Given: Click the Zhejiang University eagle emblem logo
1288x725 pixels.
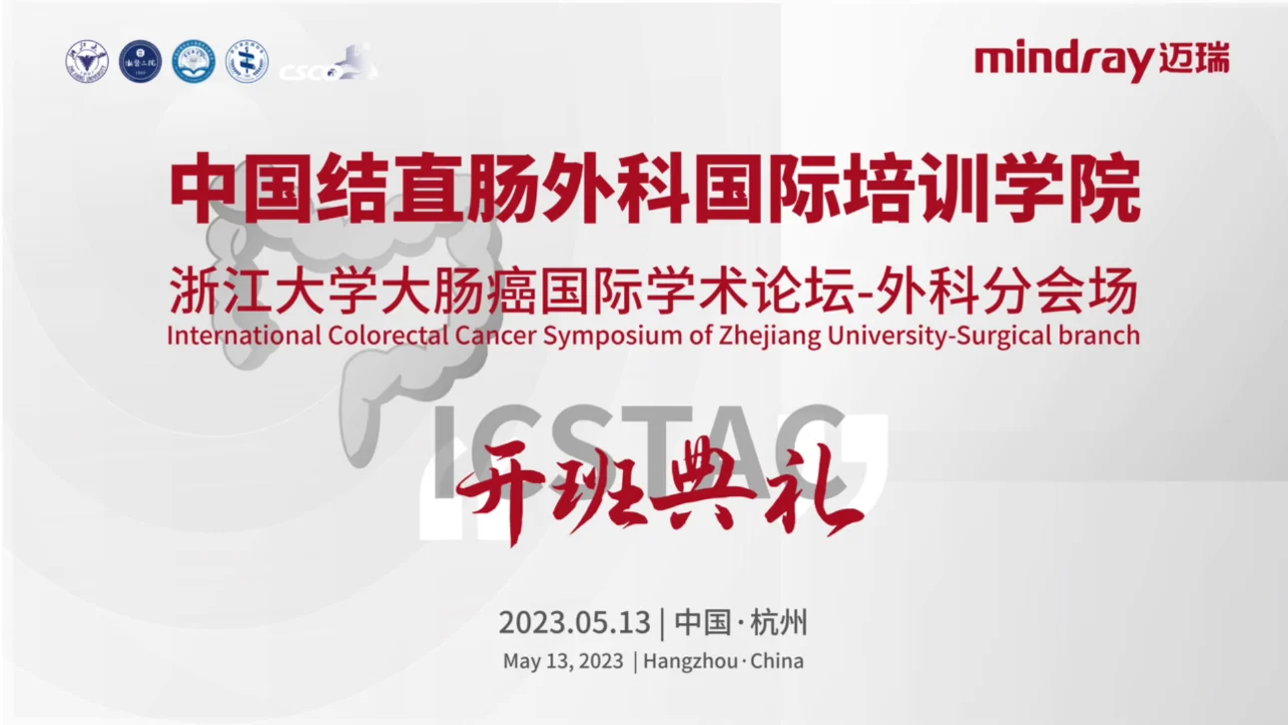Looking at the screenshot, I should (x=86, y=62).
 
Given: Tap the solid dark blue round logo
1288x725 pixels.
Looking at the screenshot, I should (x=140, y=62).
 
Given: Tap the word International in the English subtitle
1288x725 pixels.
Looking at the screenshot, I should (x=245, y=336).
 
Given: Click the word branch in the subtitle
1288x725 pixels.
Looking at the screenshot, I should (x=1101, y=336).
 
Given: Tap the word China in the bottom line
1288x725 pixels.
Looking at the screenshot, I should (x=777, y=661).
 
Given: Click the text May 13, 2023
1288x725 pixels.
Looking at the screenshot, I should (x=563, y=661).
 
